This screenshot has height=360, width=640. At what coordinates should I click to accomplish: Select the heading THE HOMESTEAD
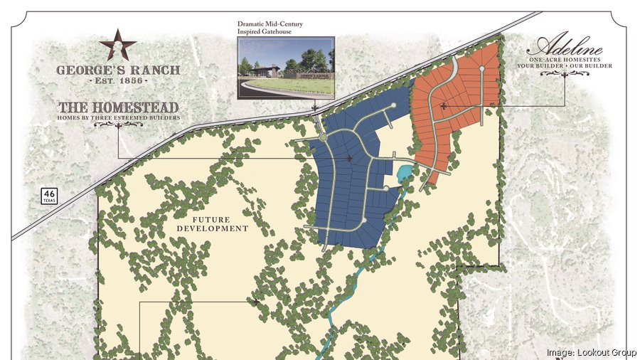coord(119,107)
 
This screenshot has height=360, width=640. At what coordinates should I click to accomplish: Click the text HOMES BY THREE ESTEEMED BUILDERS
coord(119,117)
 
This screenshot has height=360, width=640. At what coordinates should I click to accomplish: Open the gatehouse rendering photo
coord(285,66)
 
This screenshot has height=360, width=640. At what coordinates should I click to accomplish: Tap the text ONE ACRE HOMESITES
coord(566,60)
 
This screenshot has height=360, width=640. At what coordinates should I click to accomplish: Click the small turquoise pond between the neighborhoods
coord(405,171)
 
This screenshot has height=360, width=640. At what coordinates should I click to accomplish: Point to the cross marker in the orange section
coord(444,106)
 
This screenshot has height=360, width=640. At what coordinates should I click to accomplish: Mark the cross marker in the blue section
coord(348,159)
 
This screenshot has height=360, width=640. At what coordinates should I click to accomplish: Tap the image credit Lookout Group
coord(591,352)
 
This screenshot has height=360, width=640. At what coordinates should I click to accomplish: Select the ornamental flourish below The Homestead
coord(119,125)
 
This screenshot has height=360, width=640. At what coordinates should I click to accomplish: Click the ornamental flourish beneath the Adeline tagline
coord(566,75)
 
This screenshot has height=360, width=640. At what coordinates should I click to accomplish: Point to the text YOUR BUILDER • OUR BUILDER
coord(566,66)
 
